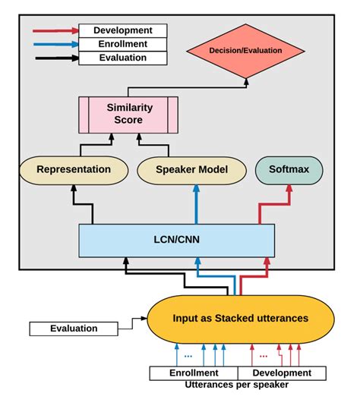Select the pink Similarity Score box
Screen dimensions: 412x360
(128, 114)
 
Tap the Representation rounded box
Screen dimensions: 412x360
(74, 170)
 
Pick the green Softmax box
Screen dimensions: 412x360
(289, 170)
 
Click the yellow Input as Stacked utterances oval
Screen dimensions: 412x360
(241, 318)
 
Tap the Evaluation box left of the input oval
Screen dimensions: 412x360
(74, 329)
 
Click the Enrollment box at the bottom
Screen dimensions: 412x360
(193, 373)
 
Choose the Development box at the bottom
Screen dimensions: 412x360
(282, 373)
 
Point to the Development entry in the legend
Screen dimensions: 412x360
(122, 31)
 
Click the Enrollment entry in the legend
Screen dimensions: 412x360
(122, 44)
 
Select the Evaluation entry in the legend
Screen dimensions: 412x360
(122, 58)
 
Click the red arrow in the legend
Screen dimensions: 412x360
(55, 31)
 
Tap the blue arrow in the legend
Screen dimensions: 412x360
(55, 44)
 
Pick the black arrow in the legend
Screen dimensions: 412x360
(55, 58)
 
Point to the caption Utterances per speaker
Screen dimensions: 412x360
(235, 385)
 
